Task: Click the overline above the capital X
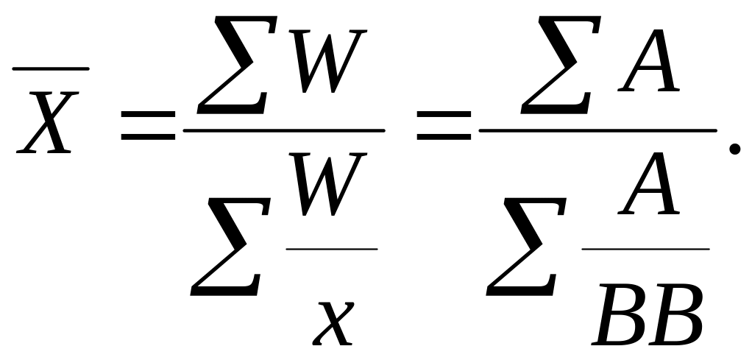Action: click(x=51, y=68)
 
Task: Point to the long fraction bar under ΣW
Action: click(x=284, y=130)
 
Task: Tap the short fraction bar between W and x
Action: click(x=331, y=249)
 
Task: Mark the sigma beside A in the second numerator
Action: click(x=553, y=68)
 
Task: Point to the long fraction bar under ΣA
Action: click(x=597, y=130)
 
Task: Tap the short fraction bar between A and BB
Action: click(x=645, y=249)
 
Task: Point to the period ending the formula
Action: click(x=734, y=149)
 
